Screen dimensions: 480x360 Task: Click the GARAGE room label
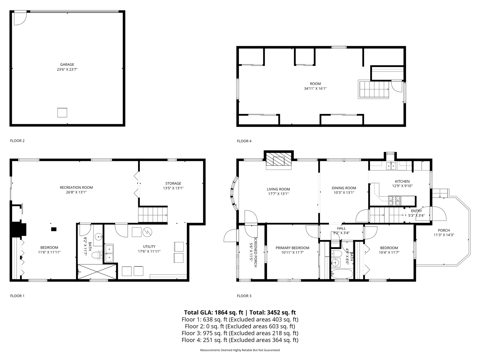point(67,64)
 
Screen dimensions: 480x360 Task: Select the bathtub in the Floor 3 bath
point(342,274)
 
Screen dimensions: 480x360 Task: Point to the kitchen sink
point(391,166)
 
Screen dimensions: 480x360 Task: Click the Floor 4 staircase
point(373,89)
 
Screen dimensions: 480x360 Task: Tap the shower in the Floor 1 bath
point(97,271)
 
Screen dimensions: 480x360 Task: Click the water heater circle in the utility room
point(147,232)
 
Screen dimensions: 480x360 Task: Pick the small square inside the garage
point(62,112)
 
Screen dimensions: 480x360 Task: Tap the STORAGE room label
point(173,183)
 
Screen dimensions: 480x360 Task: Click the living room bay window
point(234,193)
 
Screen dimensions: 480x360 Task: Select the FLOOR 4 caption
point(244,141)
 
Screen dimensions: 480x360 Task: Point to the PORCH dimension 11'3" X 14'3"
point(444,235)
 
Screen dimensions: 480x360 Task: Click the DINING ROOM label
point(344,188)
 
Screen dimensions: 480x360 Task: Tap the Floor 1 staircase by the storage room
point(153,215)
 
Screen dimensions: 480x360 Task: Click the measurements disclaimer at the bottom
point(240,350)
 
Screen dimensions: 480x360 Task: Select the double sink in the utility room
point(109,253)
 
